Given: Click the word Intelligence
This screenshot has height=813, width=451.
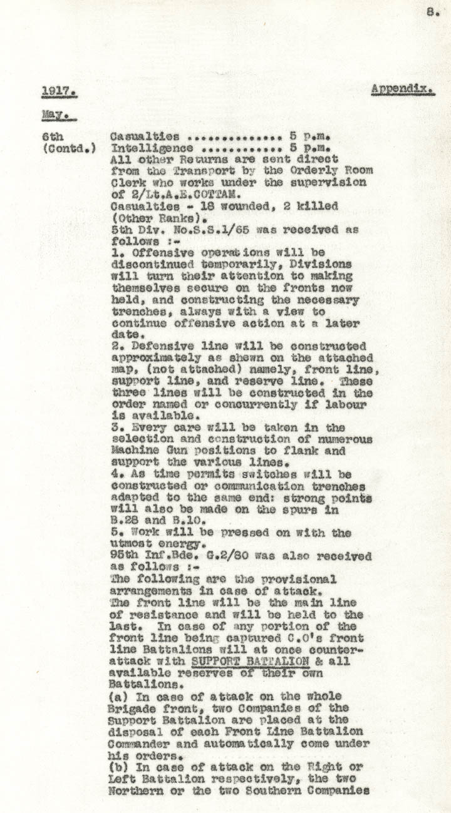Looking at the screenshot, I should [x=152, y=148].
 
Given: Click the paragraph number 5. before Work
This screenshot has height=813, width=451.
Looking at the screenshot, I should [x=116, y=533].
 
